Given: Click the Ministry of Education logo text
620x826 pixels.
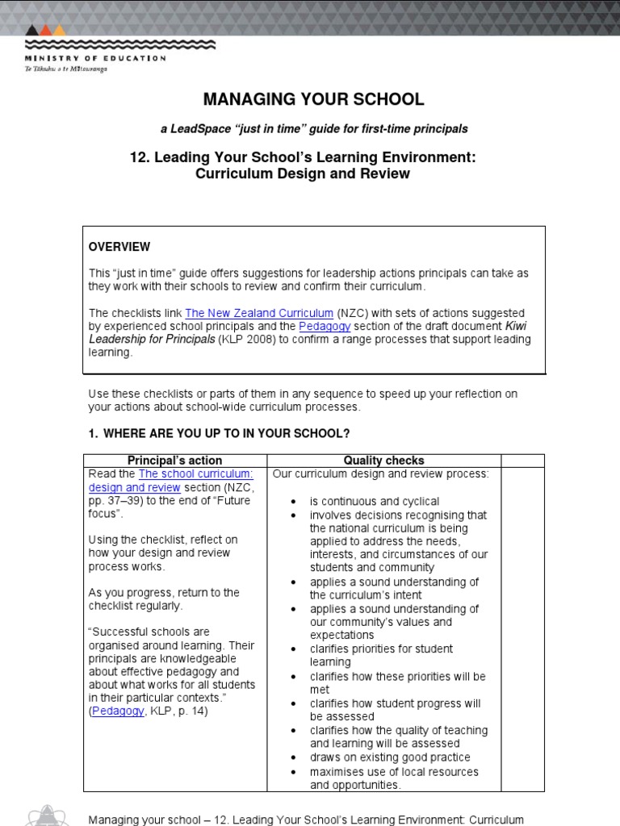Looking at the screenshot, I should pos(95,58).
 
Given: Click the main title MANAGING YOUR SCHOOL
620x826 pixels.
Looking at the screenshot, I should pos(313,99).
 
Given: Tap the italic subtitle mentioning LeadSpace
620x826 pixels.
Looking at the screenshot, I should pos(313,129).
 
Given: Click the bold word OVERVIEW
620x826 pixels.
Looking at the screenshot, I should pos(119,247).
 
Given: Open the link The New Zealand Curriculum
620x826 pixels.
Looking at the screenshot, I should pos(259,313).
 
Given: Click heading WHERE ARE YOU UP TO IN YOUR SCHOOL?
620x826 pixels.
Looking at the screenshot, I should pos(226,434).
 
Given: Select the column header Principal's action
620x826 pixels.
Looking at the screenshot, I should pos(174,461).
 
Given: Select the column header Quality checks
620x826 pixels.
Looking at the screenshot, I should pos(383,461).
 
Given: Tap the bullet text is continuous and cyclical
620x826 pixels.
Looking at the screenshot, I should pos(375,501).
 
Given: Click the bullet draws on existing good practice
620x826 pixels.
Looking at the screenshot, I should pos(390,757).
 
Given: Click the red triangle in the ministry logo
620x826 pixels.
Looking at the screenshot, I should pos(45,31).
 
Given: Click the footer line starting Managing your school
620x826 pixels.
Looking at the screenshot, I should pos(306,820).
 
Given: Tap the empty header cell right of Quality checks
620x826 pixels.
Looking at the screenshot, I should pos(522,461).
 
